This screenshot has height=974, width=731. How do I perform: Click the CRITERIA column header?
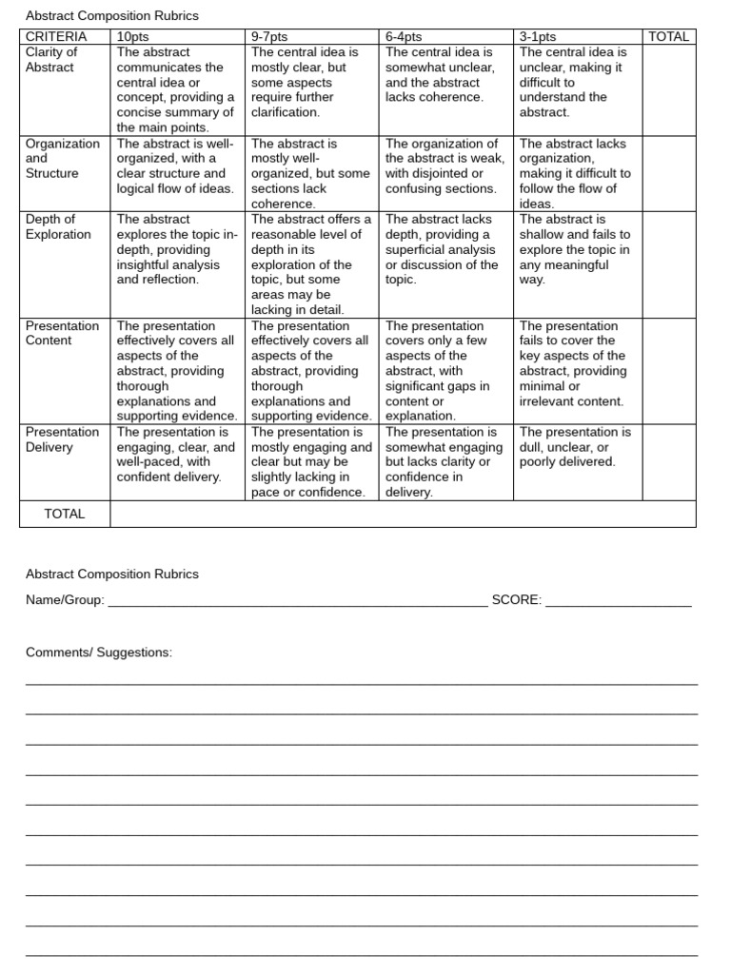[55, 37]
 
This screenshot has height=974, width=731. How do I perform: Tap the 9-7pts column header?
[269, 37]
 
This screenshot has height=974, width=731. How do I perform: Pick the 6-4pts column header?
[404, 37]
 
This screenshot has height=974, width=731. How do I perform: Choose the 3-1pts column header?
[538, 37]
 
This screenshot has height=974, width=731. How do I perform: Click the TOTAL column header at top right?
[668, 37]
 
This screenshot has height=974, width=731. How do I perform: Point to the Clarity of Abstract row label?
[51, 60]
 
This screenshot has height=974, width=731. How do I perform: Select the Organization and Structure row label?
[62, 158]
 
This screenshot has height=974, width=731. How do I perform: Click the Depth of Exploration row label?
[58, 226]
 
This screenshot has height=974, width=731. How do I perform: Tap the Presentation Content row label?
[62, 333]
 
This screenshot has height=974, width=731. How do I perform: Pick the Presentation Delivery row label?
[62, 439]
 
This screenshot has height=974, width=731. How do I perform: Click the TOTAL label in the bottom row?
[65, 514]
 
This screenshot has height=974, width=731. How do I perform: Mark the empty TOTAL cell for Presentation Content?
[668, 370]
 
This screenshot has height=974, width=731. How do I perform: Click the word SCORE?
[516, 599]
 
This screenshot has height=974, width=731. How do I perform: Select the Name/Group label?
[65, 599]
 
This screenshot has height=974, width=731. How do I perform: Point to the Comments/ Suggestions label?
[99, 653]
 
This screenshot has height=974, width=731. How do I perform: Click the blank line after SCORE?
[618, 603]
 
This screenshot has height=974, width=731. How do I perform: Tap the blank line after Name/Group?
[297, 603]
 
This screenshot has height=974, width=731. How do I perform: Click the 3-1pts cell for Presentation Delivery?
[577, 447]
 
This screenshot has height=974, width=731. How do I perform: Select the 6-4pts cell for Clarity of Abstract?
[445, 74]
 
